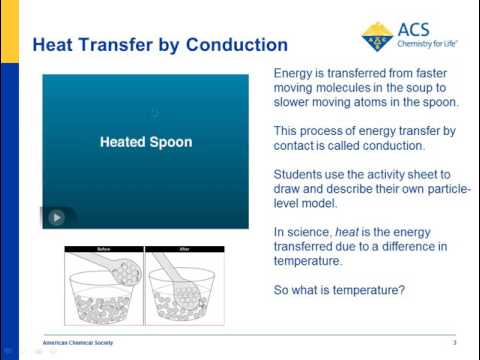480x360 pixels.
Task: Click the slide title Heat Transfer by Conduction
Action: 160,46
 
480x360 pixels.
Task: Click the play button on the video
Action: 57,217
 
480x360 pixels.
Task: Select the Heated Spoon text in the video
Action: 146,142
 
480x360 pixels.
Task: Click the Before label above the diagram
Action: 102,249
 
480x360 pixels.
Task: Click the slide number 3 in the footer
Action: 454,342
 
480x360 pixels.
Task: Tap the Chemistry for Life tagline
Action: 431,45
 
